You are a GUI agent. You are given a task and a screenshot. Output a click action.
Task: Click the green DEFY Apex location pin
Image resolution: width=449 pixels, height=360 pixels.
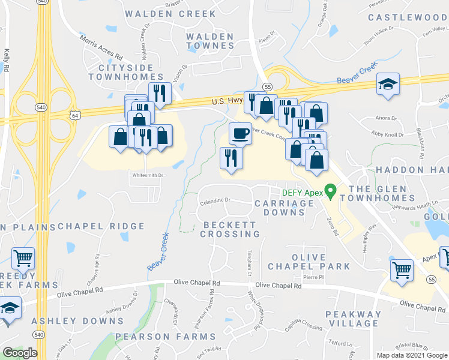[x=330, y=192]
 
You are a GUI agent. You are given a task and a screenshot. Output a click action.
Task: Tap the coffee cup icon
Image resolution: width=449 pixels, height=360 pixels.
[x=240, y=133]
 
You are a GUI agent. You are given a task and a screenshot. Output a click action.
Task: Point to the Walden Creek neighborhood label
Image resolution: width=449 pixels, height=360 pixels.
[x=170, y=13]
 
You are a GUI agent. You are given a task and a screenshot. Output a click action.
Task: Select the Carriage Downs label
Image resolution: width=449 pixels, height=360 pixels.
[x=284, y=208]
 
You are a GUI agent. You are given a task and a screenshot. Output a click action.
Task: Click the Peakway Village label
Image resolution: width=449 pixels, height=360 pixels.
[x=353, y=319]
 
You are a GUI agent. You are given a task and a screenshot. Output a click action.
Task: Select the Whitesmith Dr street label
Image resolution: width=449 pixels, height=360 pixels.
[x=148, y=175]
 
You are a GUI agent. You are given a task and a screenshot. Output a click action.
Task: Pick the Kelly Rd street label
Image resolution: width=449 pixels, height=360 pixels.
[x=6, y=61]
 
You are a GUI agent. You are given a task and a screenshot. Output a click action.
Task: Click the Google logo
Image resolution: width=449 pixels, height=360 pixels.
[x=20, y=353]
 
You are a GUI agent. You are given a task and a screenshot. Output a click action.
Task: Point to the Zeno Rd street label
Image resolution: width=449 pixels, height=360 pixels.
[x=333, y=226]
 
